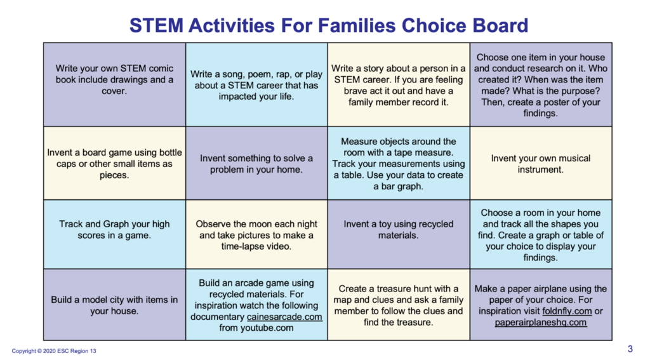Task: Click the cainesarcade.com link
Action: pyautogui.click(x=284, y=317)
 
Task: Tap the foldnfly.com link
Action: pyautogui.click(x=567, y=311)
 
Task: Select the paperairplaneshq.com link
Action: pyautogui.click(x=541, y=323)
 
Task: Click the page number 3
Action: pyautogui.click(x=630, y=349)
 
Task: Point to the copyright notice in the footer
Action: pyautogui.click(x=54, y=351)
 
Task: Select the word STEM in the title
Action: pyautogui.click(x=156, y=25)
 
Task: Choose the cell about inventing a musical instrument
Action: pyautogui.click(x=541, y=163)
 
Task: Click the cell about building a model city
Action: pyautogui.click(x=114, y=305)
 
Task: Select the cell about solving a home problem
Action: pyautogui.click(x=256, y=163)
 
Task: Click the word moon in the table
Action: pyautogui.click(x=261, y=224)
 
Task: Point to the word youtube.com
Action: pyautogui.click(x=267, y=328)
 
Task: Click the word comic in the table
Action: pyautogui.click(x=162, y=69)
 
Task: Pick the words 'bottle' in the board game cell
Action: pyautogui.click(x=169, y=152)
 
